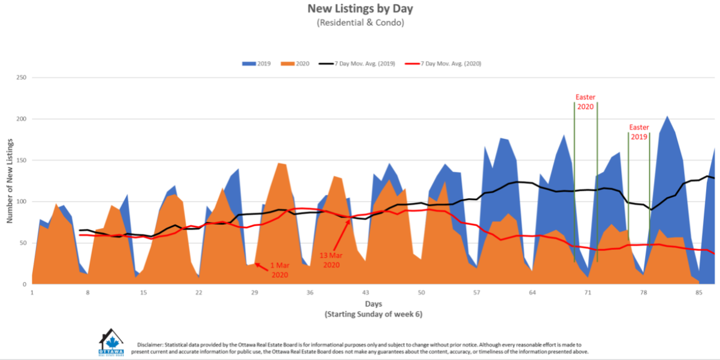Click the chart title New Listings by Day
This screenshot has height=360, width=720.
click(360, 9)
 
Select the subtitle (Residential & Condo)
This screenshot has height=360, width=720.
click(360, 23)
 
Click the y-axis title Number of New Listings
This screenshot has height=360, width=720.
click(10, 180)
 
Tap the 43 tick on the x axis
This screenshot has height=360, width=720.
click(365, 293)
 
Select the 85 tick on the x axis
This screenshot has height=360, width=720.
click(699, 293)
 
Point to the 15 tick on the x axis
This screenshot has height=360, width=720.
click(143, 293)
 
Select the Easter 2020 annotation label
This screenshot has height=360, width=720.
click(585, 102)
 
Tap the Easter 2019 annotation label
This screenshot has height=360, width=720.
click(639, 132)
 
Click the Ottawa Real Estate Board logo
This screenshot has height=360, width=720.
click(111, 343)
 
